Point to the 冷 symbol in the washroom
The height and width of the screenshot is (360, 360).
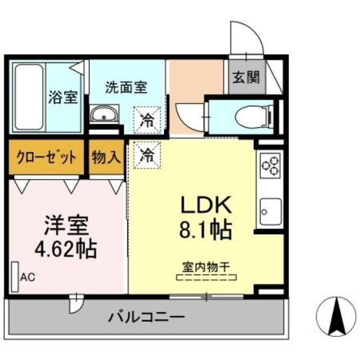click(x=146, y=119)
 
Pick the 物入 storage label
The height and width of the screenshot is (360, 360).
click(x=106, y=157)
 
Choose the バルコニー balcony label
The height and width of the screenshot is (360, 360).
click(x=146, y=318)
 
